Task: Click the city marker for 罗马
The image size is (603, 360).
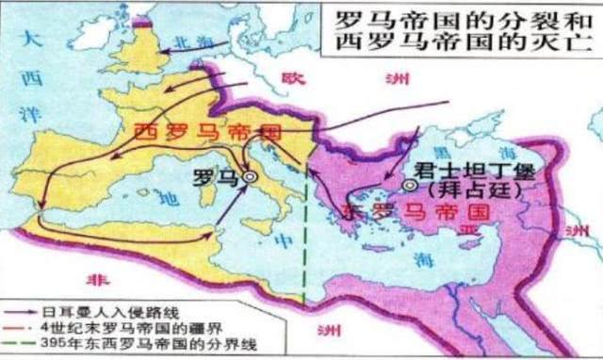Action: (x=251, y=175)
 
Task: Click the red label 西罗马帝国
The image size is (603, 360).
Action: (x=196, y=131)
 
